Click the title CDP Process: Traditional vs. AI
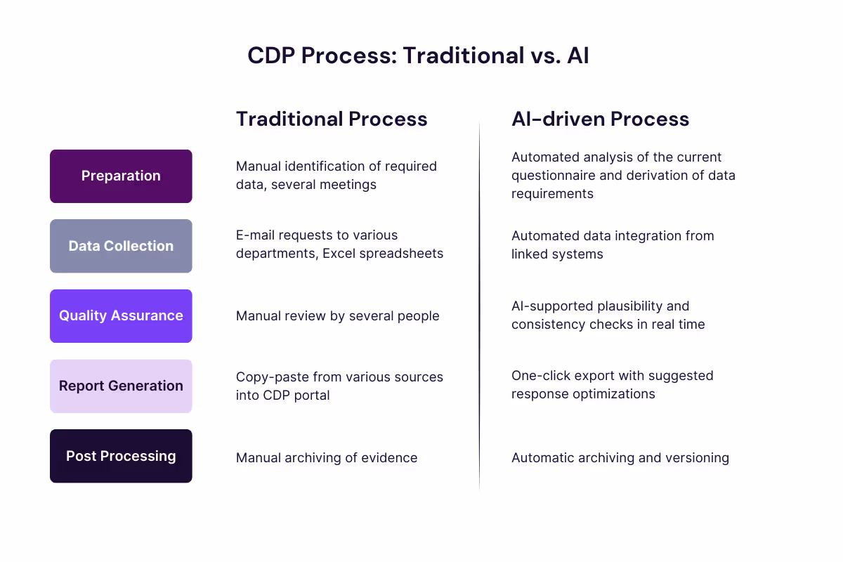click(418, 55)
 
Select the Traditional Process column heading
click(332, 119)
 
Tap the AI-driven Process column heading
click(600, 119)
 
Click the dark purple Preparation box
click(121, 176)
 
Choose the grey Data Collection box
click(121, 246)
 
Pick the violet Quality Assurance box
click(121, 316)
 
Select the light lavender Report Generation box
click(121, 386)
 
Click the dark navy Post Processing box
click(121, 456)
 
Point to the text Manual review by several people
click(337, 316)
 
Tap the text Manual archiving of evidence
click(327, 458)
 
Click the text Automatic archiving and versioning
click(620, 458)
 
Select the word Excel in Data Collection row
click(339, 254)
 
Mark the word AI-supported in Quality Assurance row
click(552, 306)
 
